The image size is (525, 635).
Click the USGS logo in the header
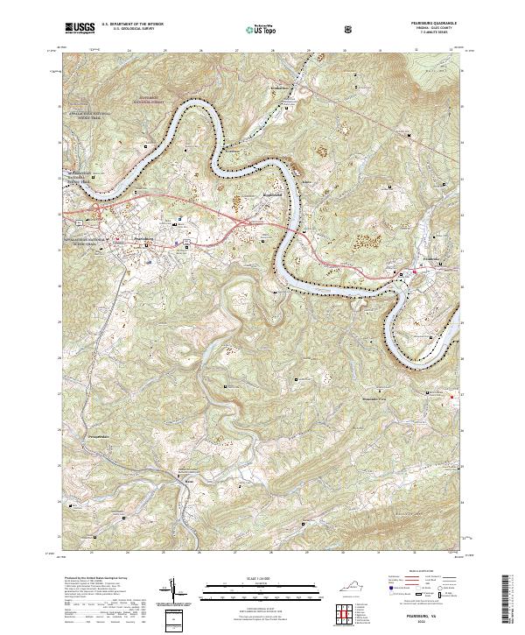pos(80,27)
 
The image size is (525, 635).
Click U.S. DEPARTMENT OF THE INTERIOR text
pos(132,25)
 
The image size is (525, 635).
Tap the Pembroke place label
pos(428,260)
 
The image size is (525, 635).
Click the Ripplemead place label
pos(276,196)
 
